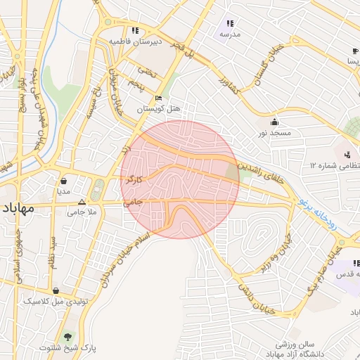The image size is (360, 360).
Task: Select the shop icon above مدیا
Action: click(65, 179)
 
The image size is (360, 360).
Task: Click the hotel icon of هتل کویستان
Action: click(159, 98)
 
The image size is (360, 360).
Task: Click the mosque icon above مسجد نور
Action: click(273, 121)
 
